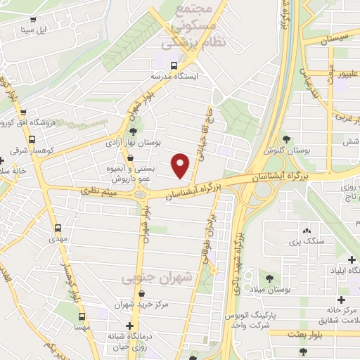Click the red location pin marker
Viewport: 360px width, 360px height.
click(181, 165)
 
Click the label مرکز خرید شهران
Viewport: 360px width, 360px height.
click(142, 304)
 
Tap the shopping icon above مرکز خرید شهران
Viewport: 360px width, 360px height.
click(142, 294)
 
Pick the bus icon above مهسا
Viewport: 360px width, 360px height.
click(82, 316)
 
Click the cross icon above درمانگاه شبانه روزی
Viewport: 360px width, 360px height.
click(129, 326)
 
